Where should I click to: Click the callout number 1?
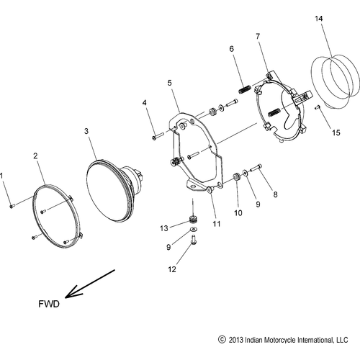point(2,175)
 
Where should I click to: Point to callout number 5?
point(170,84)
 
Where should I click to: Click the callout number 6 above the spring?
point(231,48)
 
